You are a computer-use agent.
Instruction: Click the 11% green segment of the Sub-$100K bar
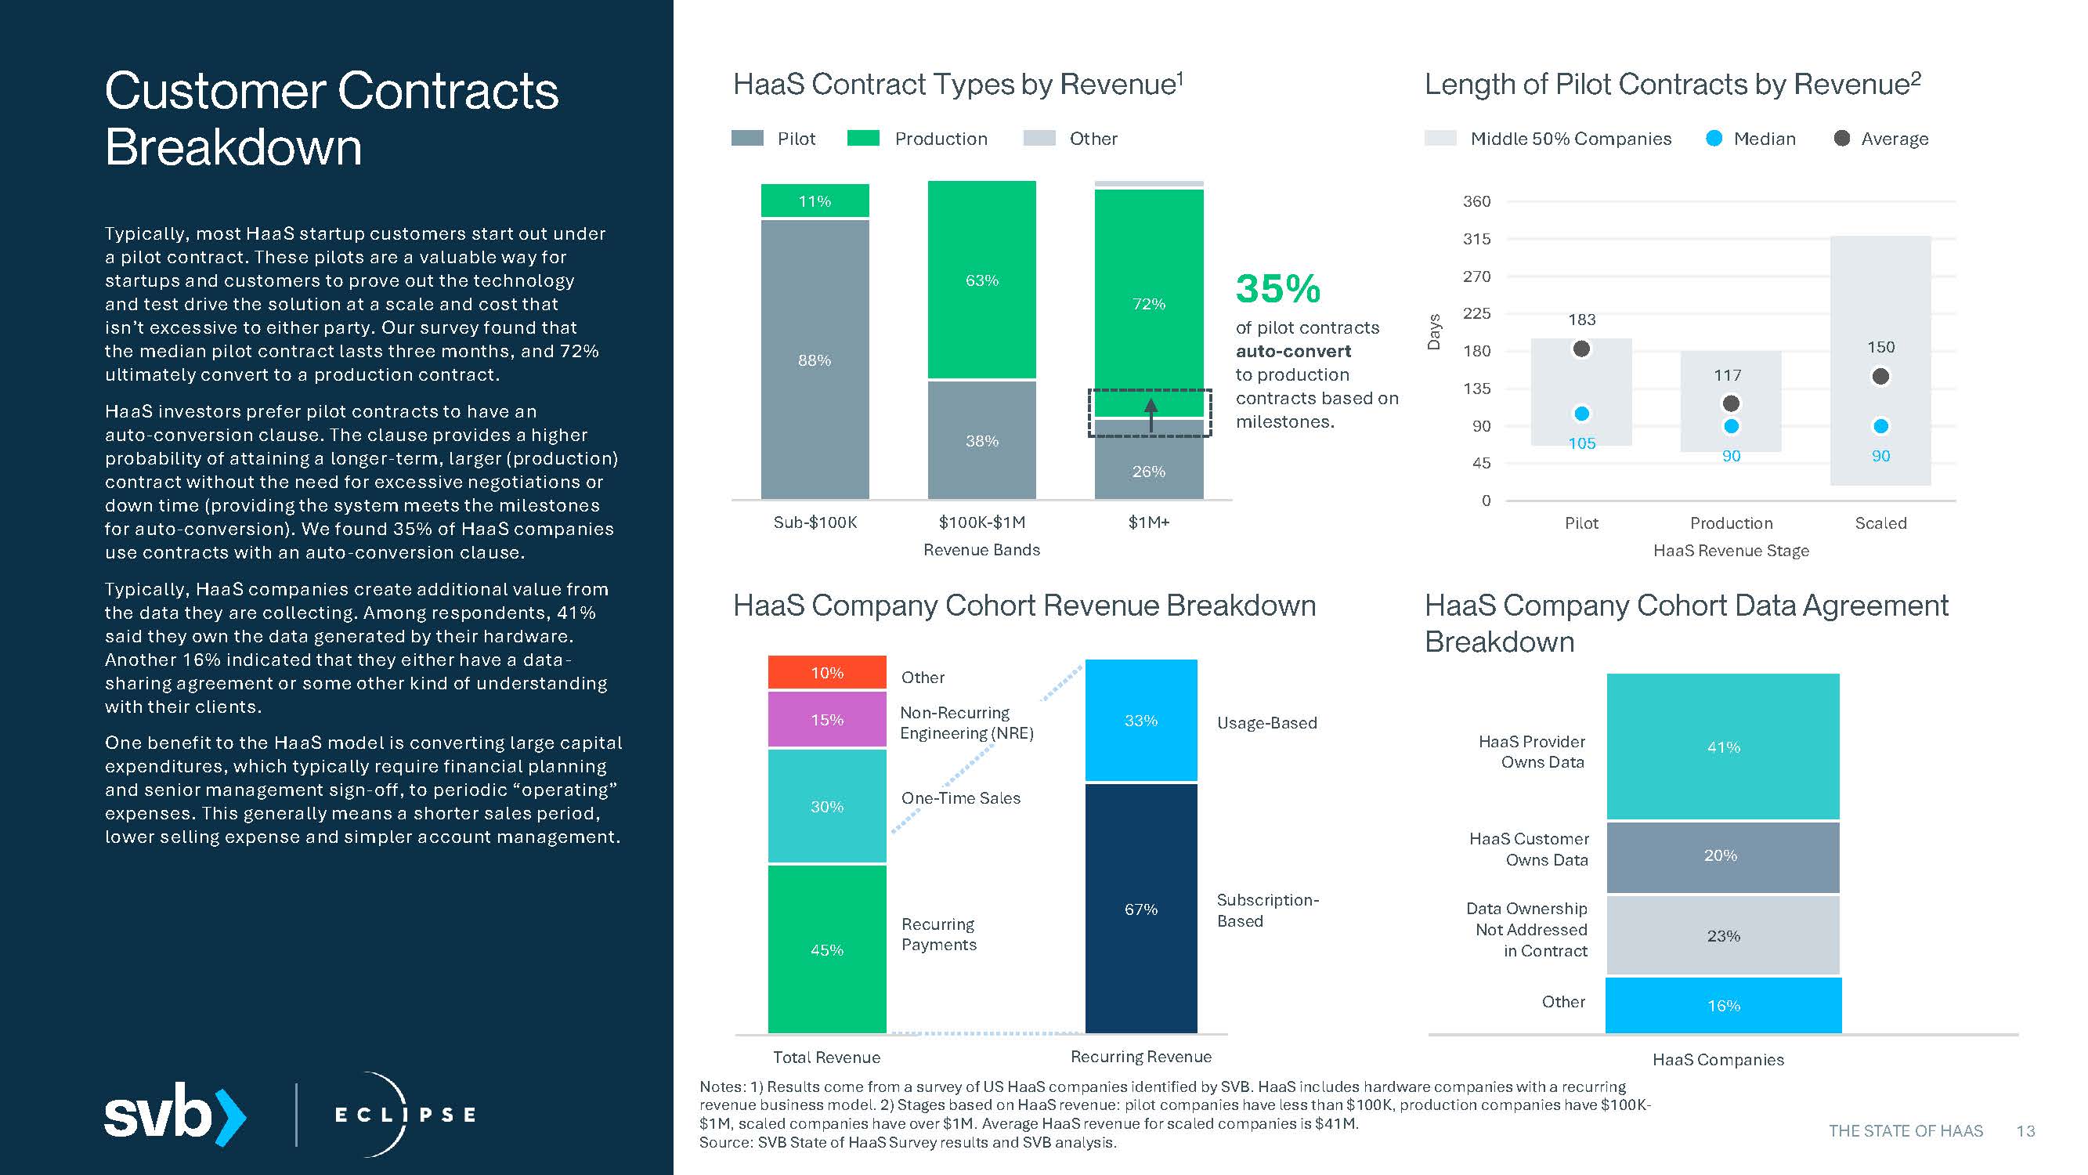(815, 201)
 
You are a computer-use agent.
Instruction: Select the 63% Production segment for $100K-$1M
(981, 280)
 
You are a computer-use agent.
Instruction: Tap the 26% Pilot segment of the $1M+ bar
(1149, 466)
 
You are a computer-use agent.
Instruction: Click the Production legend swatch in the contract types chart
(862, 139)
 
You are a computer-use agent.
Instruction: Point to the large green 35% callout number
(1277, 289)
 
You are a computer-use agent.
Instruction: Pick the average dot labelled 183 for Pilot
(1581, 349)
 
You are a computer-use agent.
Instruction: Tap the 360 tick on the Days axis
(1476, 201)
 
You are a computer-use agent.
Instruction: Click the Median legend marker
(1714, 139)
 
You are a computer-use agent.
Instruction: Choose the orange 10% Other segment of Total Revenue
(827, 672)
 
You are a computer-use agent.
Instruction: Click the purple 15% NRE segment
(827, 719)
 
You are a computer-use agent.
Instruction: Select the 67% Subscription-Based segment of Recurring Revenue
(1140, 908)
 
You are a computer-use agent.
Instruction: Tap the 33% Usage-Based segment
(1140, 720)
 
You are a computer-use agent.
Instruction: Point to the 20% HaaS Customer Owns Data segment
(1722, 856)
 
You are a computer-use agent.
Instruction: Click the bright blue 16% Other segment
(1722, 1006)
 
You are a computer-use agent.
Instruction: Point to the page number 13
(2025, 1131)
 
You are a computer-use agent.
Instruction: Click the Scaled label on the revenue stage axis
(1880, 523)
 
